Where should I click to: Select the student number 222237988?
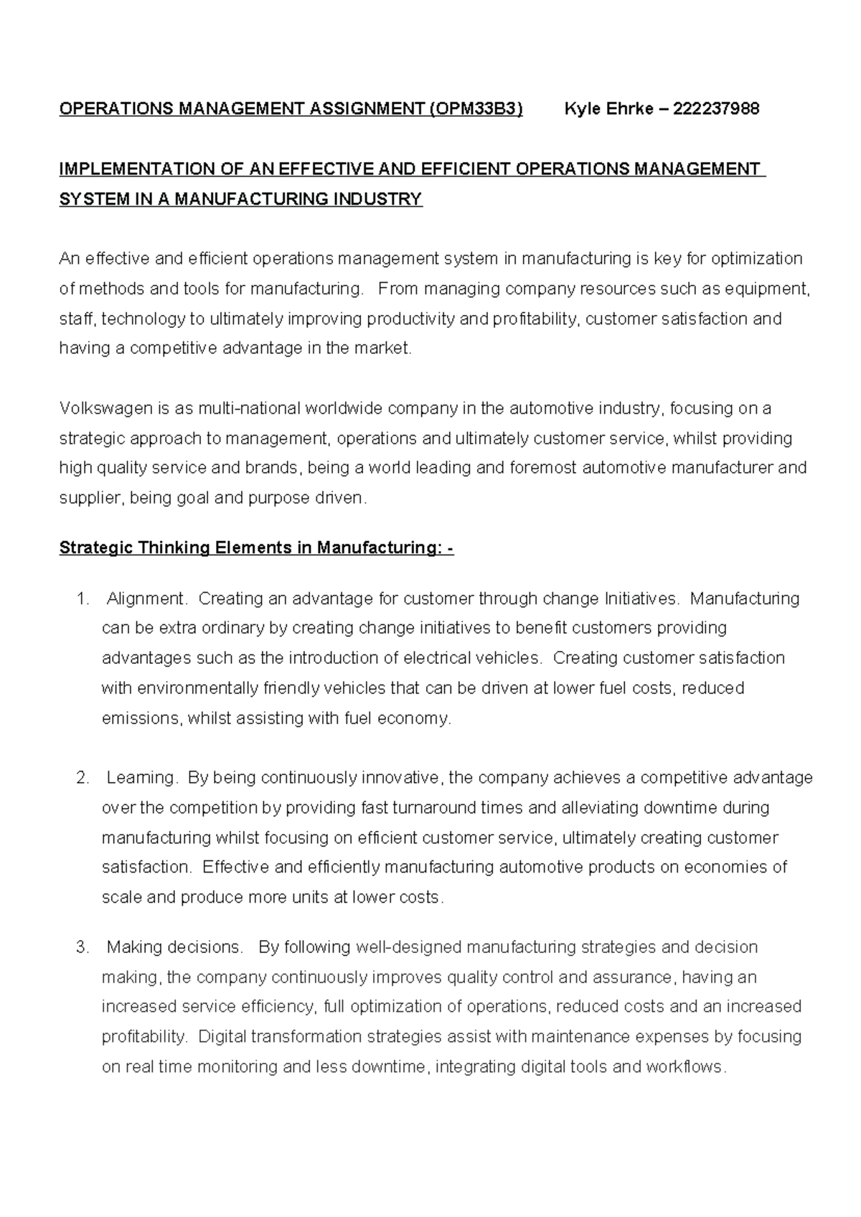click(716, 109)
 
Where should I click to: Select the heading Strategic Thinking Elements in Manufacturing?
click(255, 549)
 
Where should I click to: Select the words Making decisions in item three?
click(175, 948)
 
